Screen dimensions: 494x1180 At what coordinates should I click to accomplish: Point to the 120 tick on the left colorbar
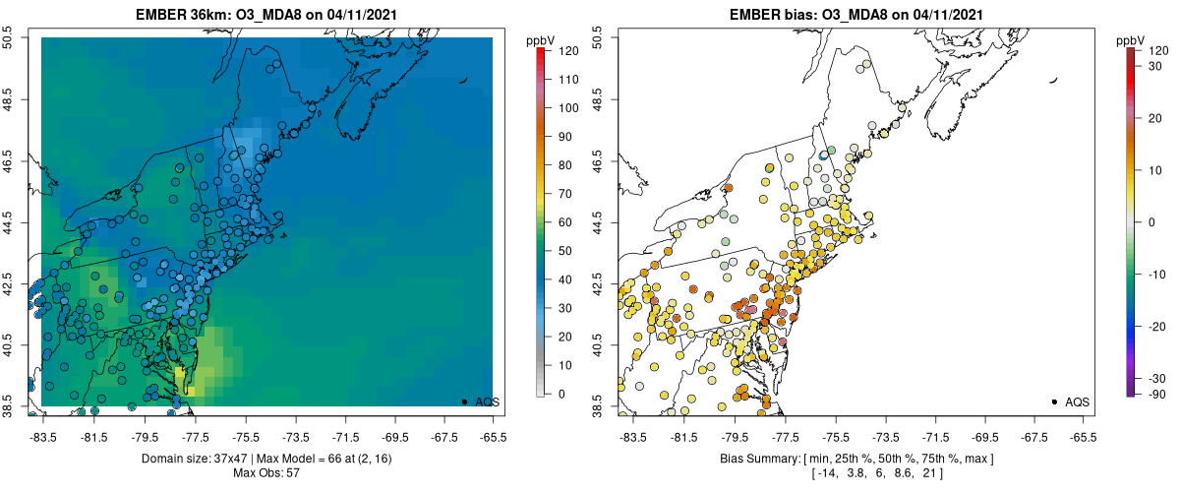click(569, 49)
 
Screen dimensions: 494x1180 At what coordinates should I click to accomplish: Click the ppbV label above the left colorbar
click(541, 39)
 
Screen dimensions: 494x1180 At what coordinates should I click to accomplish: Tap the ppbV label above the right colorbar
click(1132, 39)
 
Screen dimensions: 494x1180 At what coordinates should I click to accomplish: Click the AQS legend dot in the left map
click(463, 401)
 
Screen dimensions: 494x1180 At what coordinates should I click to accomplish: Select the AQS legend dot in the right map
click(1053, 401)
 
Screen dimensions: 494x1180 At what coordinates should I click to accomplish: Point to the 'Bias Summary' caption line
click(855, 459)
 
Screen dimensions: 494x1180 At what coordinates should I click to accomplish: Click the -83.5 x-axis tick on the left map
click(42, 434)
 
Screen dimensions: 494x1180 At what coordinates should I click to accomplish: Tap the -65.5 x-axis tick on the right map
click(1083, 434)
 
